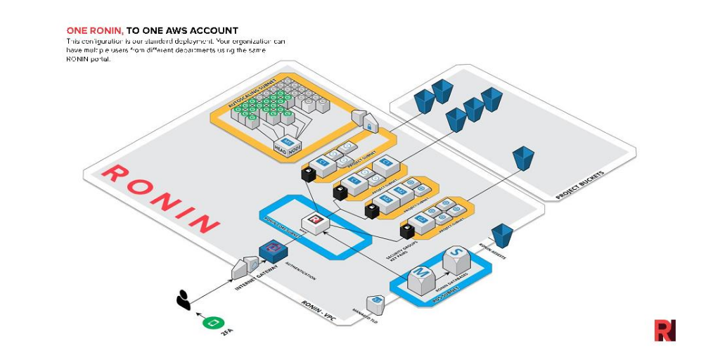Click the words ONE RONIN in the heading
click(95, 31)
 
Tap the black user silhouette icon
click(184, 300)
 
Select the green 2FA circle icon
click(212, 323)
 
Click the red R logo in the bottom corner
click(664, 330)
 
